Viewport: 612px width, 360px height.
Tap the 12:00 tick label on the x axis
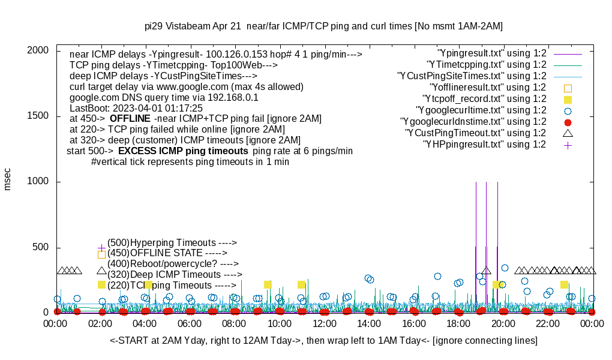(325, 324)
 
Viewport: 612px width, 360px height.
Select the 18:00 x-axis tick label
(459, 324)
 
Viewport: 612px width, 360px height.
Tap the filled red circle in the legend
(568, 122)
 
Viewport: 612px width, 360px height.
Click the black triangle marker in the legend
(568, 133)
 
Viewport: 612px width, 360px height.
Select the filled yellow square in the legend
(568, 99)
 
